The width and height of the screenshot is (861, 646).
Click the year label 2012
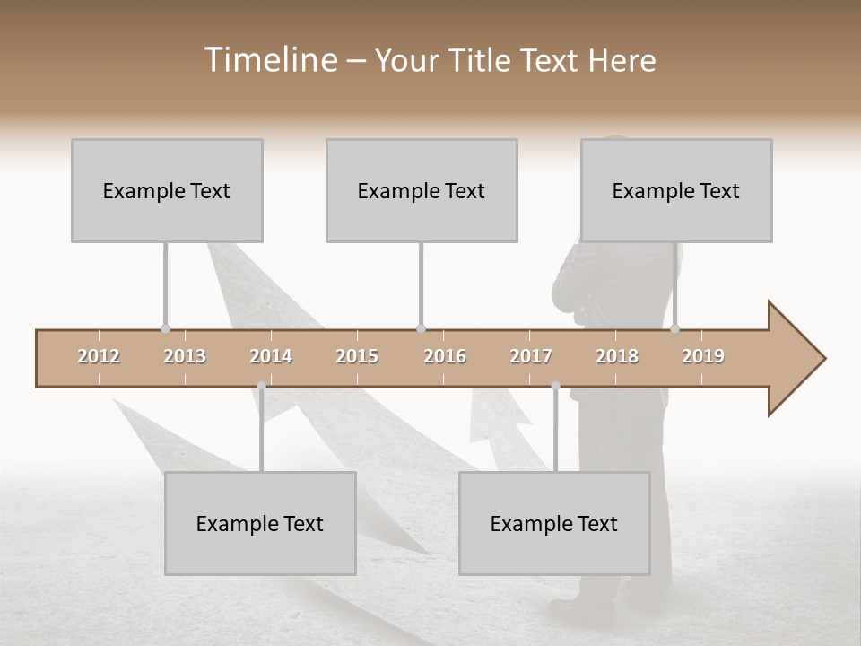click(99, 356)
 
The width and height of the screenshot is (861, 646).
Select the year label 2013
click(185, 356)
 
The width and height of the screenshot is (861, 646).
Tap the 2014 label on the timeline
click(271, 356)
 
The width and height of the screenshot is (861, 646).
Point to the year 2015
click(357, 356)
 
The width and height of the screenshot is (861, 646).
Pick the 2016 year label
click(445, 356)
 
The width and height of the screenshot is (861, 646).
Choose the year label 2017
click(531, 356)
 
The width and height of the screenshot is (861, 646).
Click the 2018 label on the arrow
click(617, 356)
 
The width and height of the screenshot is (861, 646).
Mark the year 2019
click(703, 356)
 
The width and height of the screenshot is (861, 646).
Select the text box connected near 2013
click(167, 190)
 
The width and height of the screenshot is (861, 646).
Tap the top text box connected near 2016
click(422, 190)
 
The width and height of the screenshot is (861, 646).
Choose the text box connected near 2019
click(676, 190)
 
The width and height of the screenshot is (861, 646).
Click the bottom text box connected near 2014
click(260, 523)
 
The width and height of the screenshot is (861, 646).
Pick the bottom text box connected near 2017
click(554, 523)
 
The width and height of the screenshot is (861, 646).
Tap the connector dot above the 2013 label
click(165, 329)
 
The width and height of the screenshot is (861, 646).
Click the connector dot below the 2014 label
click(261, 387)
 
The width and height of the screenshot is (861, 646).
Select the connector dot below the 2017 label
click(555, 387)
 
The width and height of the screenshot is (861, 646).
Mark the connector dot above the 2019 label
click(674, 329)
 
